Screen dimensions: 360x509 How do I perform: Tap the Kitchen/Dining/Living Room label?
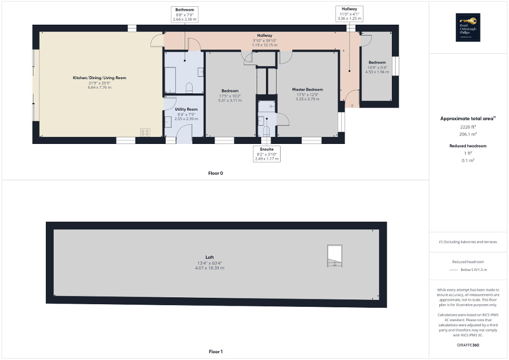point(100,81)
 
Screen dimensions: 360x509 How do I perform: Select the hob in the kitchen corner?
point(145,132)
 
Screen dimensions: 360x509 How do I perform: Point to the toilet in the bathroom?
point(190,87)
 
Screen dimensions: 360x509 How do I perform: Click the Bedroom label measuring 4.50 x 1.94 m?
point(377,65)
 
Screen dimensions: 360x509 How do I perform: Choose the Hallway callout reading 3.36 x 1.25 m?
point(349,14)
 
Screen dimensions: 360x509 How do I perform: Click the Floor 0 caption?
point(216,173)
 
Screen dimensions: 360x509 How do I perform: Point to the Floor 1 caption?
point(216,352)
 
